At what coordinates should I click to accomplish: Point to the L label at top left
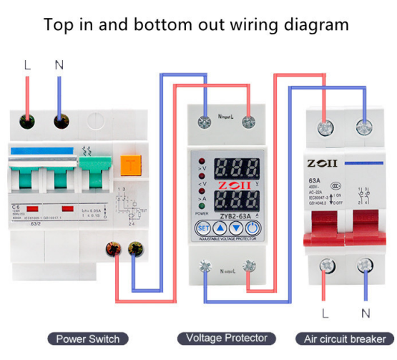27,65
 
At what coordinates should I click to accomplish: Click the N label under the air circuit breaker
365,313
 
